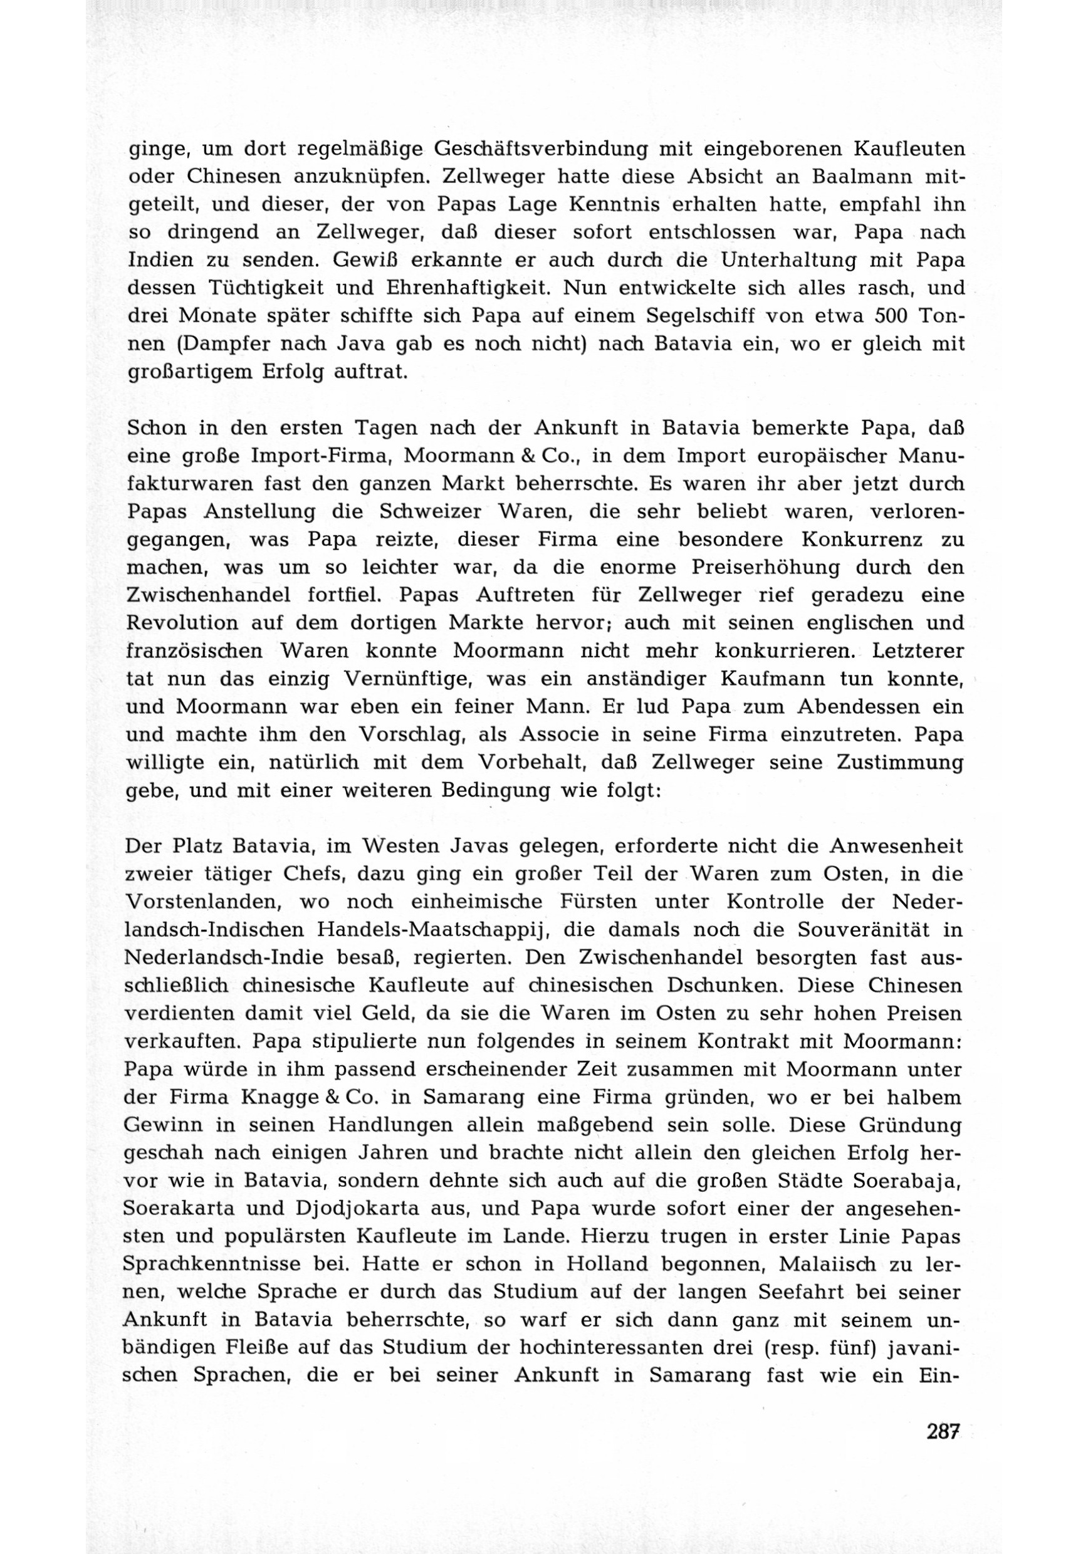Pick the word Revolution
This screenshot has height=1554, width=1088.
coord(182,623)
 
